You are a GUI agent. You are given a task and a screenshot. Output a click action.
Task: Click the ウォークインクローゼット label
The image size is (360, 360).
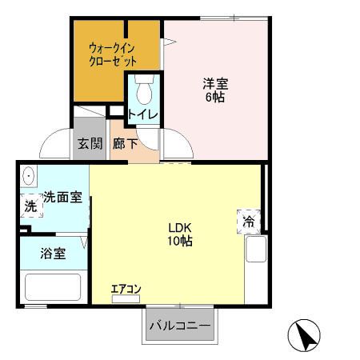point(113,54)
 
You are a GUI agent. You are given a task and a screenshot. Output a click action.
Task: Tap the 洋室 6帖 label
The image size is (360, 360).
point(212,88)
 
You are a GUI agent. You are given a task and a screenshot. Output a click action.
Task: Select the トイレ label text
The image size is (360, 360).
point(142,114)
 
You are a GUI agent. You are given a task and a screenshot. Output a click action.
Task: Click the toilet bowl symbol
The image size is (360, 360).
point(143,90)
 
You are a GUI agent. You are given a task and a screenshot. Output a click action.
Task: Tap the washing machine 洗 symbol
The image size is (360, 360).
point(30,205)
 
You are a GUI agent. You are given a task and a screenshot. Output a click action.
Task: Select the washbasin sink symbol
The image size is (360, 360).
point(29,175)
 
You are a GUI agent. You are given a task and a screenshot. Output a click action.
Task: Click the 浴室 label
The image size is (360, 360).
point(54,254)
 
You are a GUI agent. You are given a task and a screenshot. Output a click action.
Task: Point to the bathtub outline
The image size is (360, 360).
point(53,287)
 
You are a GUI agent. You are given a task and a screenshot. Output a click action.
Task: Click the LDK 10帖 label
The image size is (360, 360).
point(178,234)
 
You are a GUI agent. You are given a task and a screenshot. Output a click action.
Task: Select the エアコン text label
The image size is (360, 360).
point(126,289)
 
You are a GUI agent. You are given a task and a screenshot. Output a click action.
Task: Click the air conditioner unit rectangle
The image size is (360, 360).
point(126,299)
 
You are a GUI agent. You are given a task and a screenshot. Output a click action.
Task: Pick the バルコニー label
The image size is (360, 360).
point(180,326)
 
